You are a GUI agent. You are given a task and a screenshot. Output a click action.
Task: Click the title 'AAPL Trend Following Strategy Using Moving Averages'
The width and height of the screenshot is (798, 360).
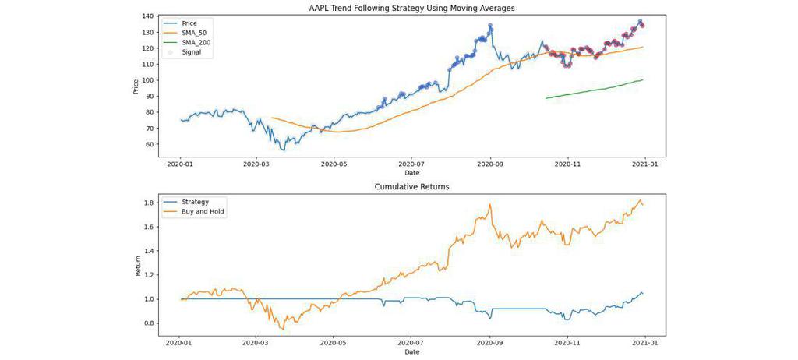click(x=411, y=8)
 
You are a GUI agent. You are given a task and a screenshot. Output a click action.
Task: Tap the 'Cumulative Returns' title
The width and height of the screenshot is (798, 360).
click(x=411, y=187)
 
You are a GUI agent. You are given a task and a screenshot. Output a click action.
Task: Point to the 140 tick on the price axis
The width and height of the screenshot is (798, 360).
click(x=148, y=16)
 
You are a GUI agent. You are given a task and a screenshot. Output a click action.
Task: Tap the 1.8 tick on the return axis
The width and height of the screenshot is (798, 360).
click(x=149, y=203)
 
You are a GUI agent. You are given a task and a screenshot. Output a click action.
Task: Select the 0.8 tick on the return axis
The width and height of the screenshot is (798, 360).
click(x=149, y=323)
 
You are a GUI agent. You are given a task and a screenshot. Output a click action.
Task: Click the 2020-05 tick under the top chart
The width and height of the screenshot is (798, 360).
click(x=334, y=164)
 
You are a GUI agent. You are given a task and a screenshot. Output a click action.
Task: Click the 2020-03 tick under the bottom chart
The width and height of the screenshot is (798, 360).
click(x=256, y=341)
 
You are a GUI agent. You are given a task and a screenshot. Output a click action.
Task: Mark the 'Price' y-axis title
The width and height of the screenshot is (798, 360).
click(x=136, y=86)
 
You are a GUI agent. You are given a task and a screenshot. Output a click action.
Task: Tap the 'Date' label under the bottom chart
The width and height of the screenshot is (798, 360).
click(x=411, y=352)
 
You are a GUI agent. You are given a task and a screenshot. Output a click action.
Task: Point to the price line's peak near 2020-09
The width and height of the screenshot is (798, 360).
click(x=490, y=24)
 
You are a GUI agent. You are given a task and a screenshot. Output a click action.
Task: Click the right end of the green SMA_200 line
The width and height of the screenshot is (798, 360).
click(x=643, y=79)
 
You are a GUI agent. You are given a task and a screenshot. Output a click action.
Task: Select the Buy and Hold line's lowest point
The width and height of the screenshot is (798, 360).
click(x=282, y=330)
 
